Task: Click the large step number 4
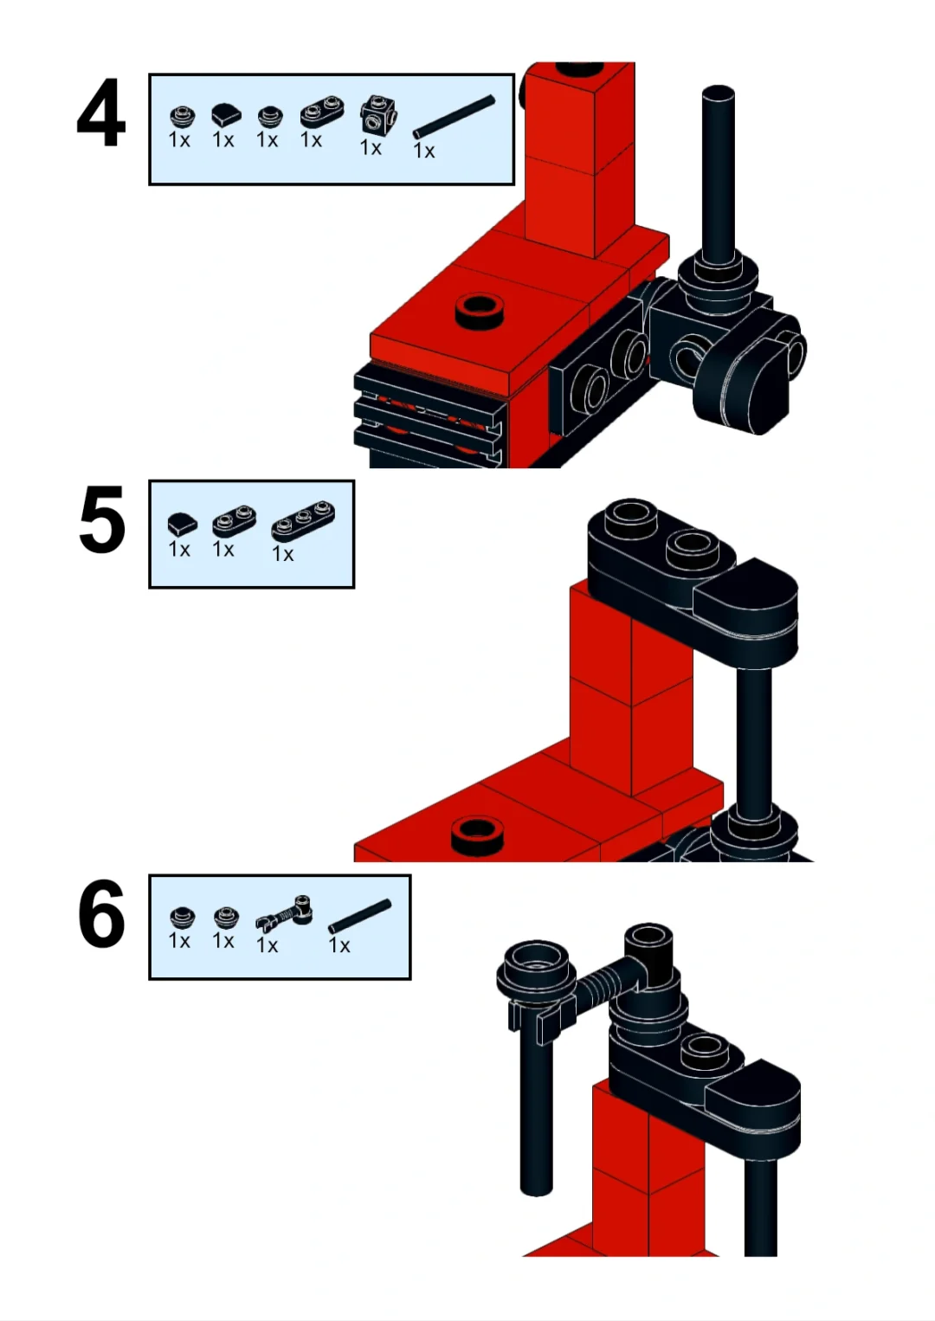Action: [x=101, y=113]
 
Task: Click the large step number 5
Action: [x=101, y=520]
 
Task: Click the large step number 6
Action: [x=101, y=913]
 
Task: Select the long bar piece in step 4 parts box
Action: [x=454, y=117]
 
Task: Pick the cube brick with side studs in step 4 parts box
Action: [x=378, y=114]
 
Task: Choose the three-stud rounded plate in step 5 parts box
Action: [x=303, y=521]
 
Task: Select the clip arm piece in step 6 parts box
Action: [x=284, y=913]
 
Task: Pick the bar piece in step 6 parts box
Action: [x=359, y=916]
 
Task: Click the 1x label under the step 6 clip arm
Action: [x=267, y=945]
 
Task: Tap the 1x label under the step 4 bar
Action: [x=423, y=151]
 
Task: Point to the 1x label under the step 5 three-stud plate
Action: [x=282, y=554]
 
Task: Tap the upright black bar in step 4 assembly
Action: [x=719, y=174]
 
